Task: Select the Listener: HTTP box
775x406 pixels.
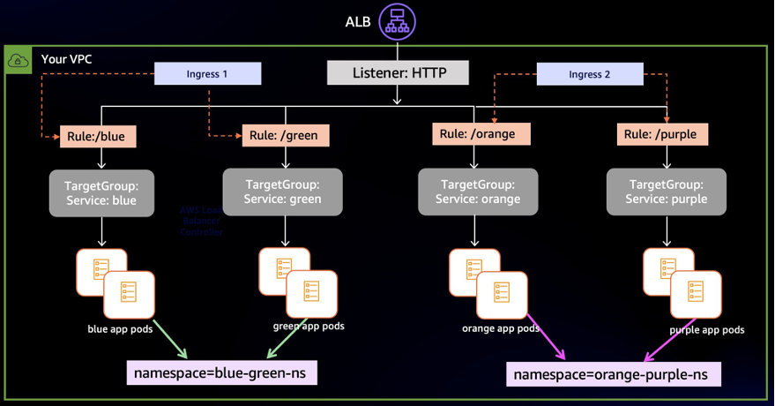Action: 398,72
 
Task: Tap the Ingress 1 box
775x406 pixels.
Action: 207,74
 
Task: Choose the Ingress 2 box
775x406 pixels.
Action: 590,74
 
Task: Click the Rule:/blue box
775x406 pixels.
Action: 97,137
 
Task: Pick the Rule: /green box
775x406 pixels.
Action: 284,135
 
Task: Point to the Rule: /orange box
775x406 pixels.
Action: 481,134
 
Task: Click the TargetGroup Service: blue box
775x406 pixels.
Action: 101,192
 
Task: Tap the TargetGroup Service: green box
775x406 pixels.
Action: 282,192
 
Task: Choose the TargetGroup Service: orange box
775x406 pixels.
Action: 477,192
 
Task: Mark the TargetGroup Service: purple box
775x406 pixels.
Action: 667,192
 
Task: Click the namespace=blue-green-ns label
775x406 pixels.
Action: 222,372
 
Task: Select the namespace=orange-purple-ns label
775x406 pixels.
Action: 611,374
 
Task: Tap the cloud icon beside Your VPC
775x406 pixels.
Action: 19,61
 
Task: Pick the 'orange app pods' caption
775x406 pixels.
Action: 501,328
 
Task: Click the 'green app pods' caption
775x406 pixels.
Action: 309,326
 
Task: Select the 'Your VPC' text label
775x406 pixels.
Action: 66,60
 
